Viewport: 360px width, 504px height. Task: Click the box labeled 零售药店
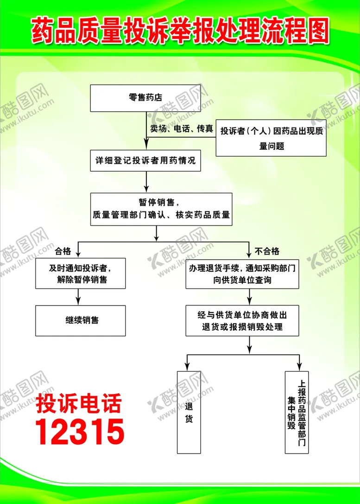(145, 98)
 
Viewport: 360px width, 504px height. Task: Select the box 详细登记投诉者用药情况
(145, 160)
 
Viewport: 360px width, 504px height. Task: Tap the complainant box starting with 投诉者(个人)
(271, 138)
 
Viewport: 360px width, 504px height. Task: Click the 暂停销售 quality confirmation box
(161, 209)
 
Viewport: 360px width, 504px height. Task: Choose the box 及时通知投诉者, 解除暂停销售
(80, 273)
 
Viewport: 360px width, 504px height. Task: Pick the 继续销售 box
(80, 320)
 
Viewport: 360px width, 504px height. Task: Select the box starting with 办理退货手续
(242, 274)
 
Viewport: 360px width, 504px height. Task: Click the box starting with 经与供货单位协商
(242, 320)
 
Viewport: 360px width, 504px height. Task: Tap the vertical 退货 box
(189, 412)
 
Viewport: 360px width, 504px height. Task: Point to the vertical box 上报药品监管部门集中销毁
(297, 412)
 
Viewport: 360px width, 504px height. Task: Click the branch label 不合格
(267, 251)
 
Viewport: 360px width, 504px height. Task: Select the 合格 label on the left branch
(63, 251)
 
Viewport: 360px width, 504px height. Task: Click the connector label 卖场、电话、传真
(182, 128)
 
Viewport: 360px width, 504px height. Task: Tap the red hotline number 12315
(80, 432)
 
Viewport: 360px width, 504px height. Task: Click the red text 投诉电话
(79, 403)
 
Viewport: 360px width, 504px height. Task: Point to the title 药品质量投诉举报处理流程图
(180, 31)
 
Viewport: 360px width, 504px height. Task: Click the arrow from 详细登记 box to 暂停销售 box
(146, 182)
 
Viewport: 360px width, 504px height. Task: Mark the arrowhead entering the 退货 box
(187, 367)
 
